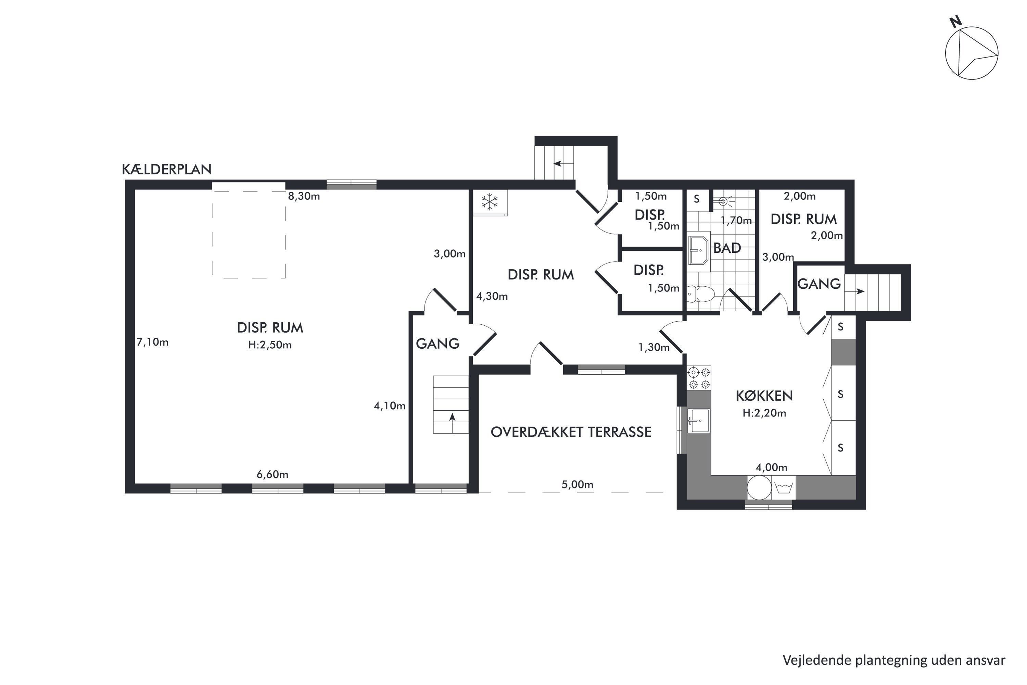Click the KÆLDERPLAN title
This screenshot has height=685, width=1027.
[166, 170]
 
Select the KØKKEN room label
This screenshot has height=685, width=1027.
[764, 396]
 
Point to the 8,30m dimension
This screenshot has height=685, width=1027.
[304, 196]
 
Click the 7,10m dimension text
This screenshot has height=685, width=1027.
[152, 342]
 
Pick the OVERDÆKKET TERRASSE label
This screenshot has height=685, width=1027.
[571, 432]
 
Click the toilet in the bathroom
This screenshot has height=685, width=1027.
[701, 294]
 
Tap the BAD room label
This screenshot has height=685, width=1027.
[727, 248]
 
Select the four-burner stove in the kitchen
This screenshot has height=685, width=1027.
[699, 378]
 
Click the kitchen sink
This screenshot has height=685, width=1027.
[699, 421]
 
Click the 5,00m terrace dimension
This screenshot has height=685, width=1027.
[577, 485]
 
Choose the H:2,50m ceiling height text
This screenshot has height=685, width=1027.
[270, 345]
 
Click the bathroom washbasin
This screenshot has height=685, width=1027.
[699, 251]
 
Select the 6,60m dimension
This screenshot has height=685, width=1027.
[272, 474]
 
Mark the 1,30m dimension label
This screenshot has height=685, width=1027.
[654, 347]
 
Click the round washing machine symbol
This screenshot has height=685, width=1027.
[759, 487]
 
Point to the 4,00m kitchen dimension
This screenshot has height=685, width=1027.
[772, 468]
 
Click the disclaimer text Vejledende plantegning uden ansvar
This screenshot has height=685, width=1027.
[894, 660]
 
